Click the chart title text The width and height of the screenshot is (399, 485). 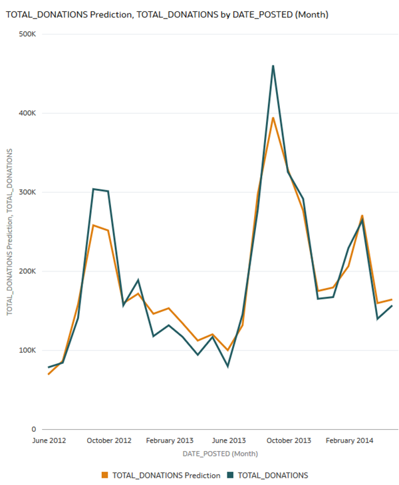point(167,14)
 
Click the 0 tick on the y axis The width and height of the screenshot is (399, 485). point(33,429)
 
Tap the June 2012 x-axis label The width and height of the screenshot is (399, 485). point(49,440)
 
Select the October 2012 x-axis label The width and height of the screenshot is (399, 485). point(109,440)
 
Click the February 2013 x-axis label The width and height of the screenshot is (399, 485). point(169,440)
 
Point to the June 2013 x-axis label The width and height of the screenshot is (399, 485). point(228,440)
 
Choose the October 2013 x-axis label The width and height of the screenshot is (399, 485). point(288,440)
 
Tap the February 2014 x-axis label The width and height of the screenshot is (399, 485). point(348,440)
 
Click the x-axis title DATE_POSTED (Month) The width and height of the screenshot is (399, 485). point(220,453)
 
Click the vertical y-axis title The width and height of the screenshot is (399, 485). point(10,232)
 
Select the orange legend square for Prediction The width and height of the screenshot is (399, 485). point(104,475)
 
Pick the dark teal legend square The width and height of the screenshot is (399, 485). point(231,475)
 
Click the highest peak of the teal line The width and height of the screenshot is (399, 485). point(273,66)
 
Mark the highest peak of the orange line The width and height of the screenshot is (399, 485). point(273,118)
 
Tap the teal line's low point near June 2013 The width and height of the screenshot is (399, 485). point(228,366)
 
